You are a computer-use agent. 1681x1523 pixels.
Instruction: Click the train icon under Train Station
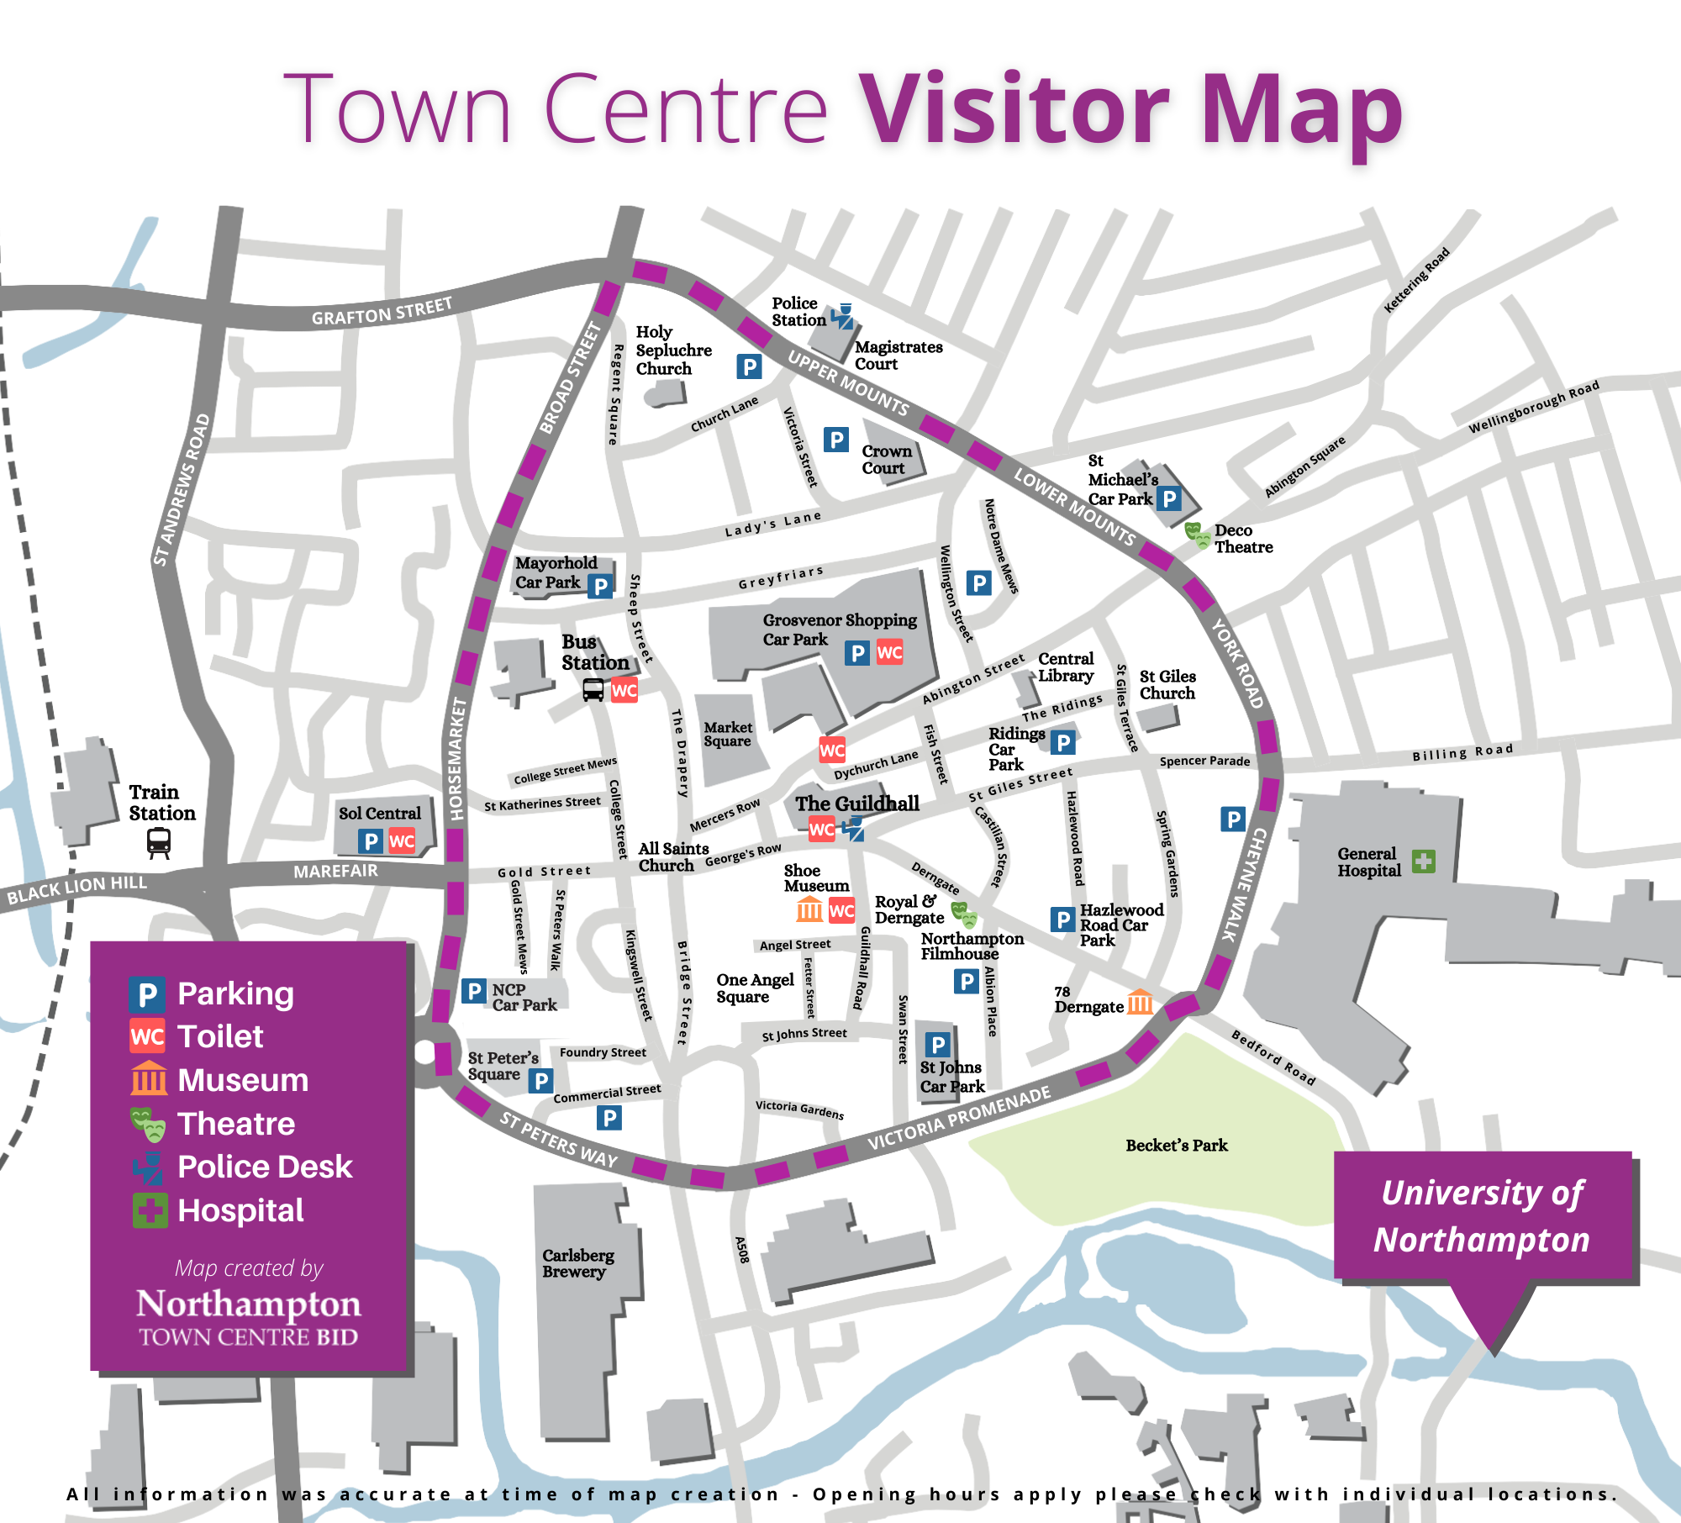pos(159,841)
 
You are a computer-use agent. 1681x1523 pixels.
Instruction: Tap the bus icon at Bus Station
pos(593,690)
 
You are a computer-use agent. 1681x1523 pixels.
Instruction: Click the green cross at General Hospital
pos(1423,861)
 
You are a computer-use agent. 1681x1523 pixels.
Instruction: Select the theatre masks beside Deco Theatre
pos(1197,535)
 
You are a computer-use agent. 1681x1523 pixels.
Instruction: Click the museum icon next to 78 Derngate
pos(1140,1002)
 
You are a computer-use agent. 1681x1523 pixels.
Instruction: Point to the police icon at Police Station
pos(842,316)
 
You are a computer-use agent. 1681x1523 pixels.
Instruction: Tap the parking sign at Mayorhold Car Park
pos(599,586)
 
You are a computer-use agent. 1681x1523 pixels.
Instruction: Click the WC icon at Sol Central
pos(402,841)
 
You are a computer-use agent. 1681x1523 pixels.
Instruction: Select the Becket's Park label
pos(1176,1145)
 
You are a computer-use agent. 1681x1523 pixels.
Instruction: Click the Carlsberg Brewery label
pos(577,1262)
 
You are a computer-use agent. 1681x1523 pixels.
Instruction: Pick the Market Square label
pos(728,734)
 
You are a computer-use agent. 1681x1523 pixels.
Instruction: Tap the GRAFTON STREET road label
pos(382,311)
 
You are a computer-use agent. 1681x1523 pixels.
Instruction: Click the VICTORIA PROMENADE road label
pos(959,1118)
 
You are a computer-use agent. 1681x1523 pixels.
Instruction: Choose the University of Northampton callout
pos(1483,1216)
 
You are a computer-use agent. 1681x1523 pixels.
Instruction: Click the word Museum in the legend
pos(243,1080)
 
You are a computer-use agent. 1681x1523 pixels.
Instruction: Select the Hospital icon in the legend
pos(150,1210)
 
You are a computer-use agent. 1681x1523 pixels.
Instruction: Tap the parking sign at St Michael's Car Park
pos(1169,499)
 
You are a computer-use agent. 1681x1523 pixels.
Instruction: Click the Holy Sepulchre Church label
pos(673,350)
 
